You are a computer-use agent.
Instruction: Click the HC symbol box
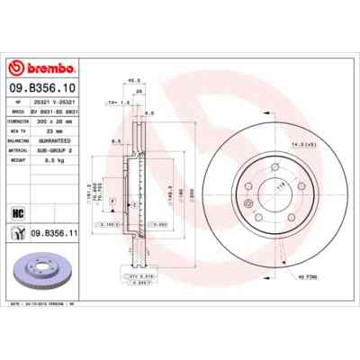pos(18,214)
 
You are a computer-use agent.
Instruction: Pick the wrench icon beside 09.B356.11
pos(18,234)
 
